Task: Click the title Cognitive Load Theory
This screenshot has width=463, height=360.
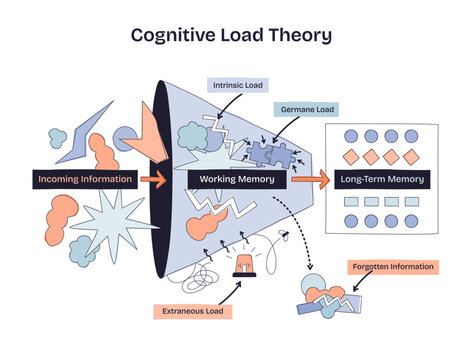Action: point(231,35)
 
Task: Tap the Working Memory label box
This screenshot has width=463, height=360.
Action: point(238,180)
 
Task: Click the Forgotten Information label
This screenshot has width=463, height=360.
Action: point(392,267)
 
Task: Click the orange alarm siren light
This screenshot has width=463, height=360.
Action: point(243,263)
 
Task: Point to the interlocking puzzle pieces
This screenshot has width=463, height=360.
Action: point(269,152)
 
